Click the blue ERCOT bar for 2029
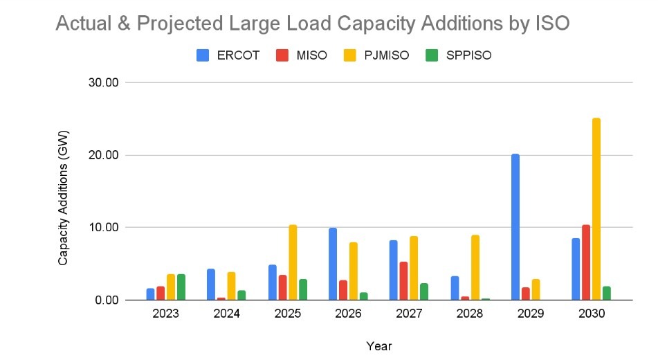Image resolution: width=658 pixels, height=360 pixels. click(515, 227)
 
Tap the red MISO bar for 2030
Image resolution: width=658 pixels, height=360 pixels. click(586, 262)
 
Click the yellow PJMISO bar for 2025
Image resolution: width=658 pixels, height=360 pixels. click(293, 262)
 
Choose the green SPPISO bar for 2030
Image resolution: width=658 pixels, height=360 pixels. click(607, 293)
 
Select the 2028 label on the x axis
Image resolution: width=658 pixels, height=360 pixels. click(470, 314)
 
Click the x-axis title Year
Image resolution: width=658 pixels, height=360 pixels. click(379, 345)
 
